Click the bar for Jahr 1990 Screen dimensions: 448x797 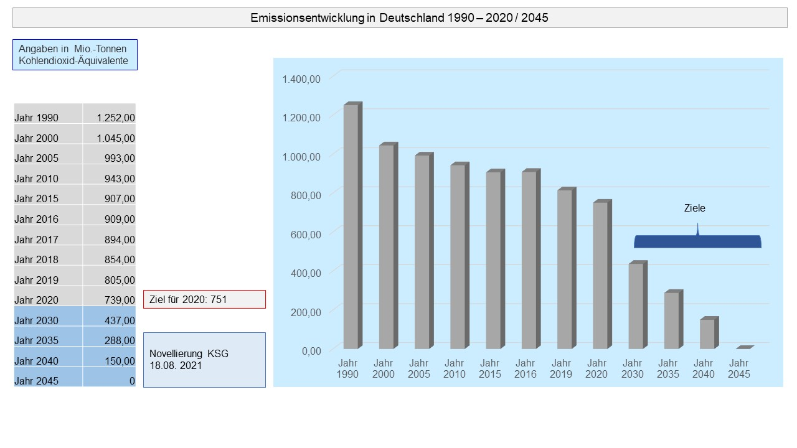point(351,227)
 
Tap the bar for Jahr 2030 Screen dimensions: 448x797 point(636,306)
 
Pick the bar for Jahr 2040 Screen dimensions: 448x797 point(707,334)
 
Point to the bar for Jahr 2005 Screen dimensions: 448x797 point(422,252)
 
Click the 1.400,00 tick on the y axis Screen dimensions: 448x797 point(301,78)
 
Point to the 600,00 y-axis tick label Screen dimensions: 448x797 point(305,234)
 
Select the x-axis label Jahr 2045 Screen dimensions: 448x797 point(738,368)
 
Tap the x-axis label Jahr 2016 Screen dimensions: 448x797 point(526,368)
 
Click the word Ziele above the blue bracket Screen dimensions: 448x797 point(695,208)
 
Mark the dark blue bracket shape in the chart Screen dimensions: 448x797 point(697,241)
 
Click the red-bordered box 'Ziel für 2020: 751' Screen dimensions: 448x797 point(204,299)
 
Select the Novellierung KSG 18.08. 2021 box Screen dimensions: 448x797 point(204,360)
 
